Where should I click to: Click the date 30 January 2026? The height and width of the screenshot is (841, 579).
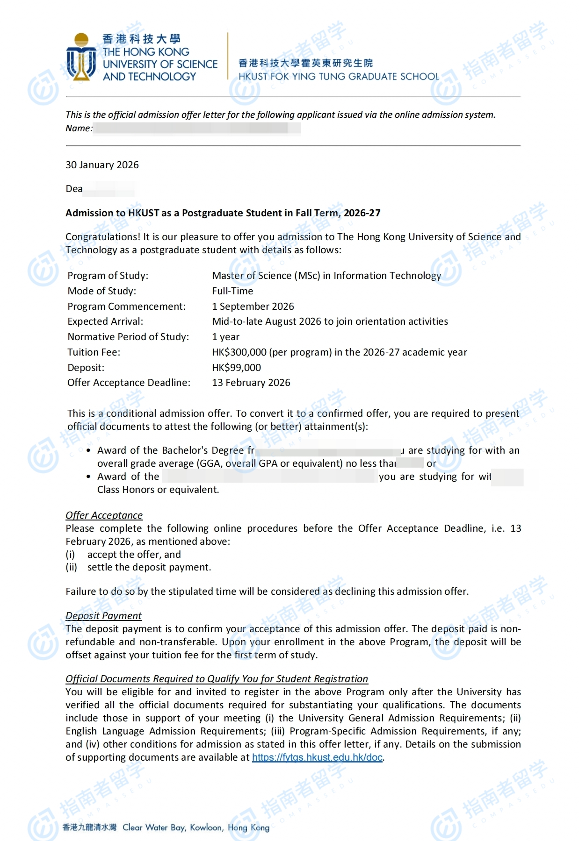pyautogui.click(x=102, y=165)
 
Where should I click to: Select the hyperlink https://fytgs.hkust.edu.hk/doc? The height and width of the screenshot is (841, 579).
pyautogui.click(x=317, y=757)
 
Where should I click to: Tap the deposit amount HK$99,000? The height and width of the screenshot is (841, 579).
pyautogui.click(x=236, y=368)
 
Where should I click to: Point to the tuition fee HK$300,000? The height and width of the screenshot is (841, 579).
pyautogui.click(x=239, y=352)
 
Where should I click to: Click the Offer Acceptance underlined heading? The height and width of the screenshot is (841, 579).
pyautogui.click(x=104, y=515)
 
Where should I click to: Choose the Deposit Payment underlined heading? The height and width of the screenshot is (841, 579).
pyautogui.click(x=103, y=616)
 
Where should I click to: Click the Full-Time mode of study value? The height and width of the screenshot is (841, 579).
pyautogui.click(x=232, y=291)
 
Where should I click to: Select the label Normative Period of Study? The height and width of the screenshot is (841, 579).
pyautogui.click(x=128, y=337)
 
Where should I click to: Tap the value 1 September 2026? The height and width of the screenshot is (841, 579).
pyautogui.click(x=253, y=306)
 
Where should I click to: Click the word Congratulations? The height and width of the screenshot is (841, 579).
pyautogui.click(x=102, y=237)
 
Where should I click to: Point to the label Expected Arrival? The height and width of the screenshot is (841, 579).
pyautogui.click(x=105, y=321)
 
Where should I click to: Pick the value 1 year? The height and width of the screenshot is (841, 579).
pyautogui.click(x=225, y=337)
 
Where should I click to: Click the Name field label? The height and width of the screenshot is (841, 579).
pyautogui.click(x=79, y=128)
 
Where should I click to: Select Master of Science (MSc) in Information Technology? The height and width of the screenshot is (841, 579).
pyautogui.click(x=326, y=276)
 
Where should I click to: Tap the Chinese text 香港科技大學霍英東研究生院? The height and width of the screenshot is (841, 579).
pyautogui.click(x=305, y=63)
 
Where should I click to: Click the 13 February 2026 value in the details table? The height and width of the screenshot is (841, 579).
pyautogui.click(x=251, y=383)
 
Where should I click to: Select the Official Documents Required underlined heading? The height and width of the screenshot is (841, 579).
pyautogui.click(x=217, y=679)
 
